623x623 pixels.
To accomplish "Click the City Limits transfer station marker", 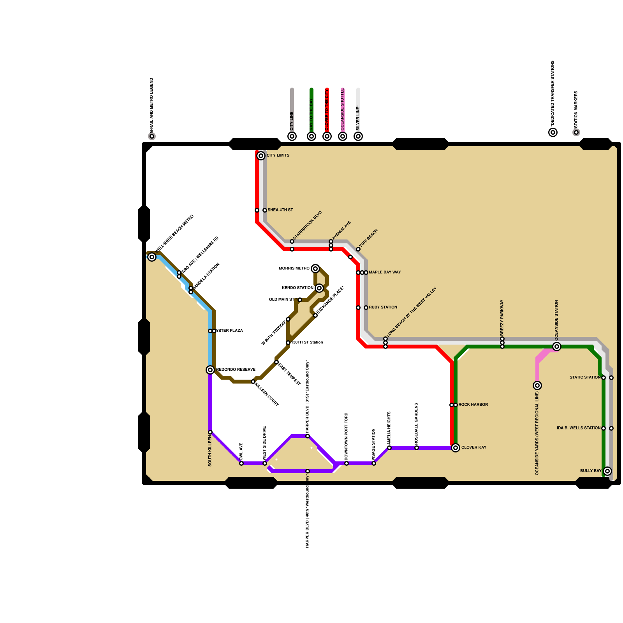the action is (x=261, y=156).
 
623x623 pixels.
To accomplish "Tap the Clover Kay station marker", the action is (x=456, y=448).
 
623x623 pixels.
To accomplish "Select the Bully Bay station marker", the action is (x=607, y=471).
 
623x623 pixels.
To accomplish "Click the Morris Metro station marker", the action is (x=315, y=269).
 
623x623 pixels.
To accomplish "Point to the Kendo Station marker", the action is (x=319, y=288).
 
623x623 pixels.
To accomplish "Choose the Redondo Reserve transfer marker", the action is (x=210, y=370).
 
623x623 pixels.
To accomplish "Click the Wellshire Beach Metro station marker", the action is (x=152, y=257).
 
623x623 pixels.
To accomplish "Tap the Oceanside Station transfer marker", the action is (x=557, y=347).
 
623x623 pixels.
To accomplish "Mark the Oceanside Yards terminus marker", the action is (x=537, y=385).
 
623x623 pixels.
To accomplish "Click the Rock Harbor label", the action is (x=473, y=405).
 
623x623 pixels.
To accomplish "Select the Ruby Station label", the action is (x=383, y=307).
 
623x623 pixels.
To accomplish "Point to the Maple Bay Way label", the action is (x=385, y=272).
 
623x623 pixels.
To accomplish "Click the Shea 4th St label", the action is (x=280, y=210).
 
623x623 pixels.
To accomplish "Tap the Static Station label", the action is (x=585, y=377).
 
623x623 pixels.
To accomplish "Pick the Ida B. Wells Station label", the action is (x=579, y=428).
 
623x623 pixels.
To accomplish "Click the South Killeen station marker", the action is (x=210, y=432).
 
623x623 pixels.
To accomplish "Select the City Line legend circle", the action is (x=292, y=136).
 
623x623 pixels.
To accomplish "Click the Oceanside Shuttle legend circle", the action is (x=343, y=136).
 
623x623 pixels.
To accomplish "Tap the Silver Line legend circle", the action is (x=358, y=136).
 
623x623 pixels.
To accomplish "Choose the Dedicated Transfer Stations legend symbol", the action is (x=553, y=132).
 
